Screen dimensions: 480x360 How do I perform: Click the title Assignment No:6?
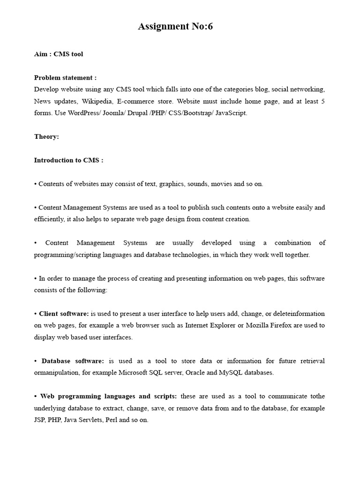pos(175,27)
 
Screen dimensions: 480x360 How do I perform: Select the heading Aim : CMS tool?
pos(59,54)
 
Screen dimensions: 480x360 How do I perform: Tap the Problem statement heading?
pos(65,77)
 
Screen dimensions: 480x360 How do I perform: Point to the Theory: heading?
pos(46,136)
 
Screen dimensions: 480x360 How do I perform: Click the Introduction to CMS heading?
pos(68,160)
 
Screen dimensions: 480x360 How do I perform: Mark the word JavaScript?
pos(231,113)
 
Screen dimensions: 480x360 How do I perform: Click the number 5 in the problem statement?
pos(323,101)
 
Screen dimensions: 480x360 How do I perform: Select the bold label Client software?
pos(64,314)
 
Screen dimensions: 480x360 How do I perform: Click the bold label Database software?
pos(73,361)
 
